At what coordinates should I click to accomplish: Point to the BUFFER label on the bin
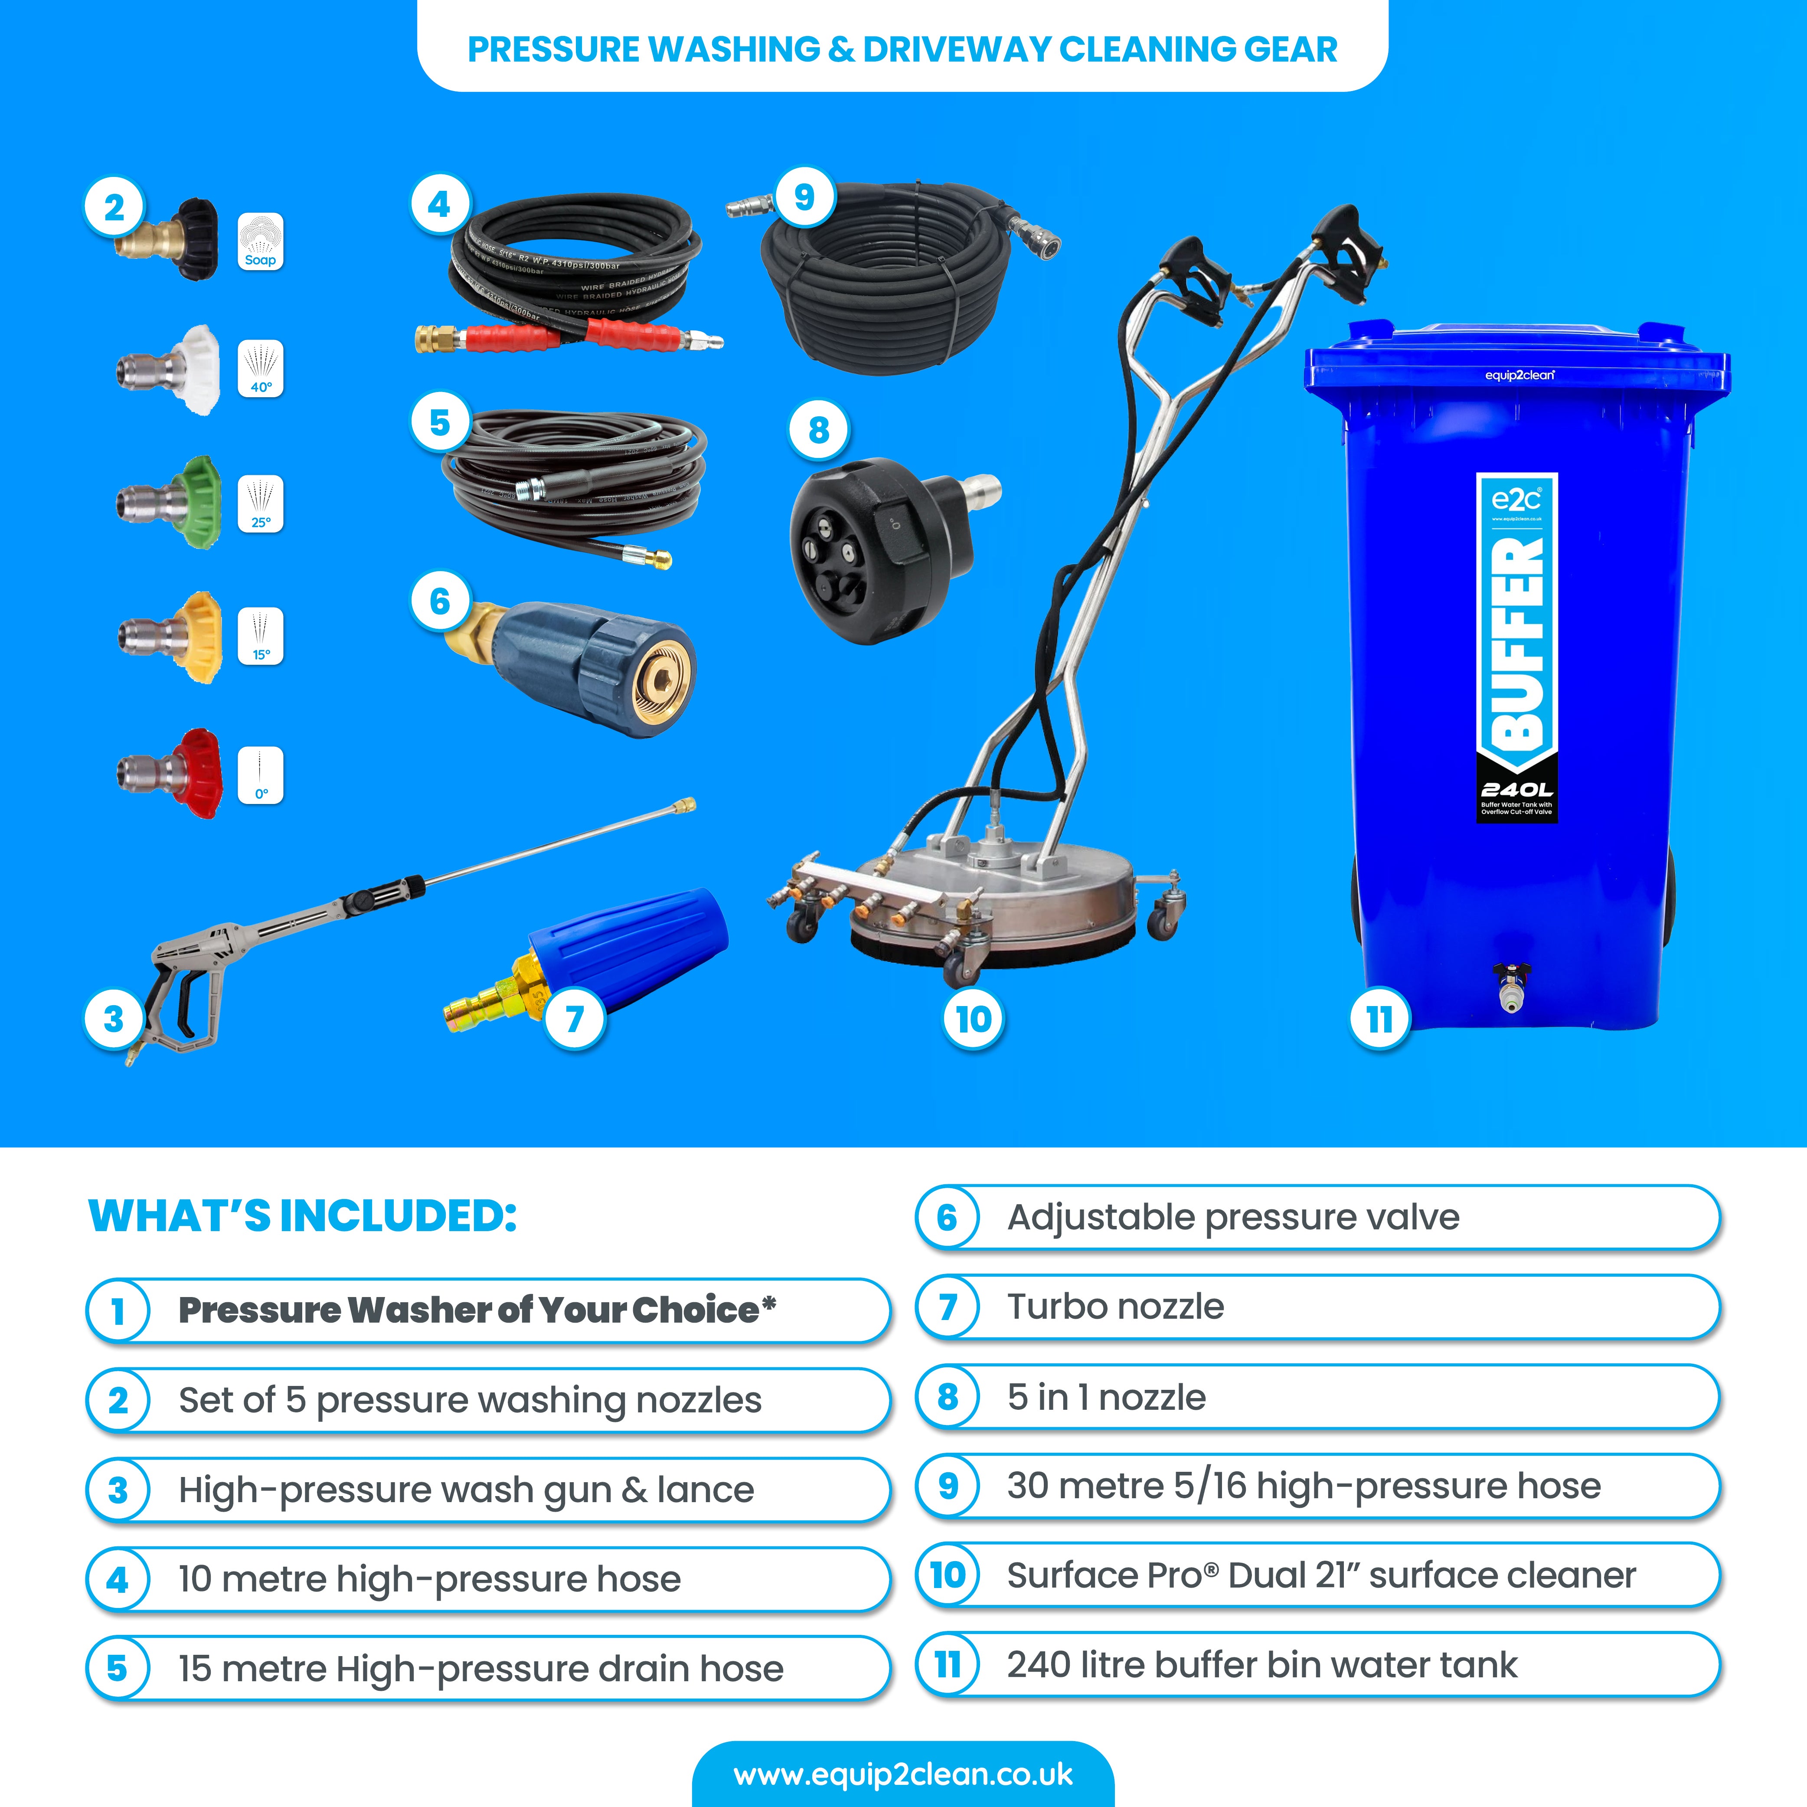1516,645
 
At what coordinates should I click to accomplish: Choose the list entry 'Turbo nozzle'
1115,1307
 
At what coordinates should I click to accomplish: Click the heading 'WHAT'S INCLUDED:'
302,1216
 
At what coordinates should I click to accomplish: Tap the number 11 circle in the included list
948,1665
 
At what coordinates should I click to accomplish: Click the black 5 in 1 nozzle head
870,552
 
